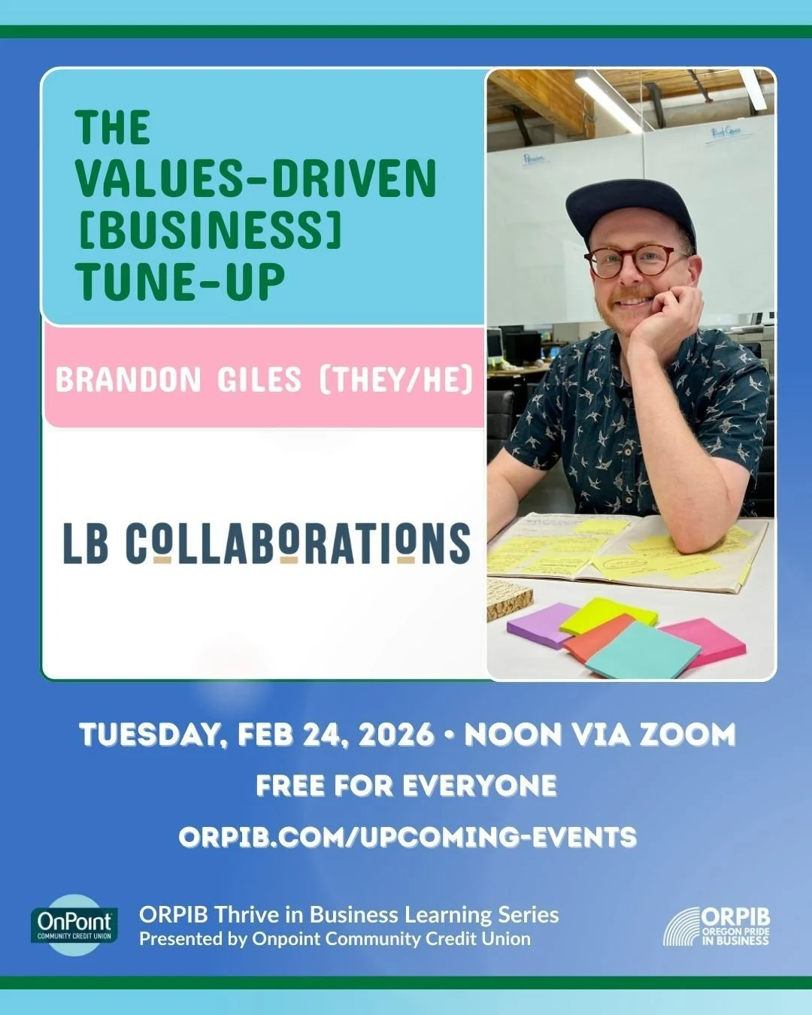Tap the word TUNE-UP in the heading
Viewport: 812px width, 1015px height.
(x=180, y=281)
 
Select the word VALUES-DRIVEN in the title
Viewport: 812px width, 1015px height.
(x=256, y=179)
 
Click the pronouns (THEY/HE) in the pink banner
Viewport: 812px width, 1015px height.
(x=396, y=380)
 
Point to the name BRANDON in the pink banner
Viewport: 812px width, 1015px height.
(x=129, y=380)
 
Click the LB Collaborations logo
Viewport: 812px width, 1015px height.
(x=266, y=543)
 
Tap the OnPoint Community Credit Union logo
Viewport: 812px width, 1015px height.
(x=74, y=925)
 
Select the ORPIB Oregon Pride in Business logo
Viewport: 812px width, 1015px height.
(x=717, y=926)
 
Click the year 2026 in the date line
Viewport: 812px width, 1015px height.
(x=396, y=735)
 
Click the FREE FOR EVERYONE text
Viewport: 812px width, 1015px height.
(x=406, y=786)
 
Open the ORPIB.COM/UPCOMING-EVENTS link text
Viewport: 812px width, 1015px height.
(x=408, y=837)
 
